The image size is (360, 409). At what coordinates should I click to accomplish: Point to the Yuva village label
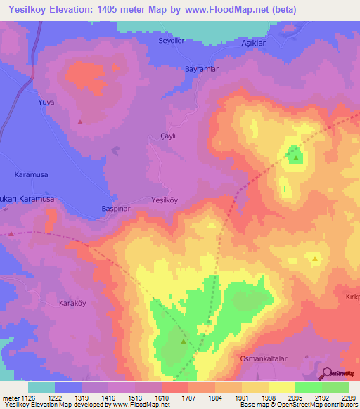click(x=46, y=103)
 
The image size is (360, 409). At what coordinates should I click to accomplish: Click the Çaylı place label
click(x=167, y=136)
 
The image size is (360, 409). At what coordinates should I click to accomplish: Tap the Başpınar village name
click(x=113, y=209)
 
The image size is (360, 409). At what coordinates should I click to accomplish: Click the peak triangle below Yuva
click(x=80, y=122)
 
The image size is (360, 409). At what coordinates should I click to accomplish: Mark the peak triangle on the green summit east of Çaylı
click(x=296, y=157)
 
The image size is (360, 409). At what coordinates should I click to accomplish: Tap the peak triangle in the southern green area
click(x=184, y=342)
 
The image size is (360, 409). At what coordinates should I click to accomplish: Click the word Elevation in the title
click(x=79, y=10)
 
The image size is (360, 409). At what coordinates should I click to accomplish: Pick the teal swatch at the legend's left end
click(x=41, y=387)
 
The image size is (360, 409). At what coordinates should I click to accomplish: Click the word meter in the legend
click(x=11, y=397)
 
